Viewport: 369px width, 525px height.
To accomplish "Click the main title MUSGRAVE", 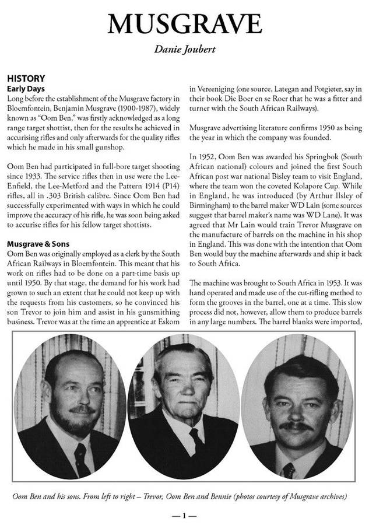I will coord(184,24).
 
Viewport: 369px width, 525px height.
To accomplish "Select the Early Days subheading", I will coord(26,88).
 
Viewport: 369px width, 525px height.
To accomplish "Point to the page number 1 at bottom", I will coord(184,515).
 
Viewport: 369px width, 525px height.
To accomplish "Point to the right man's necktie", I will coord(289,469).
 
